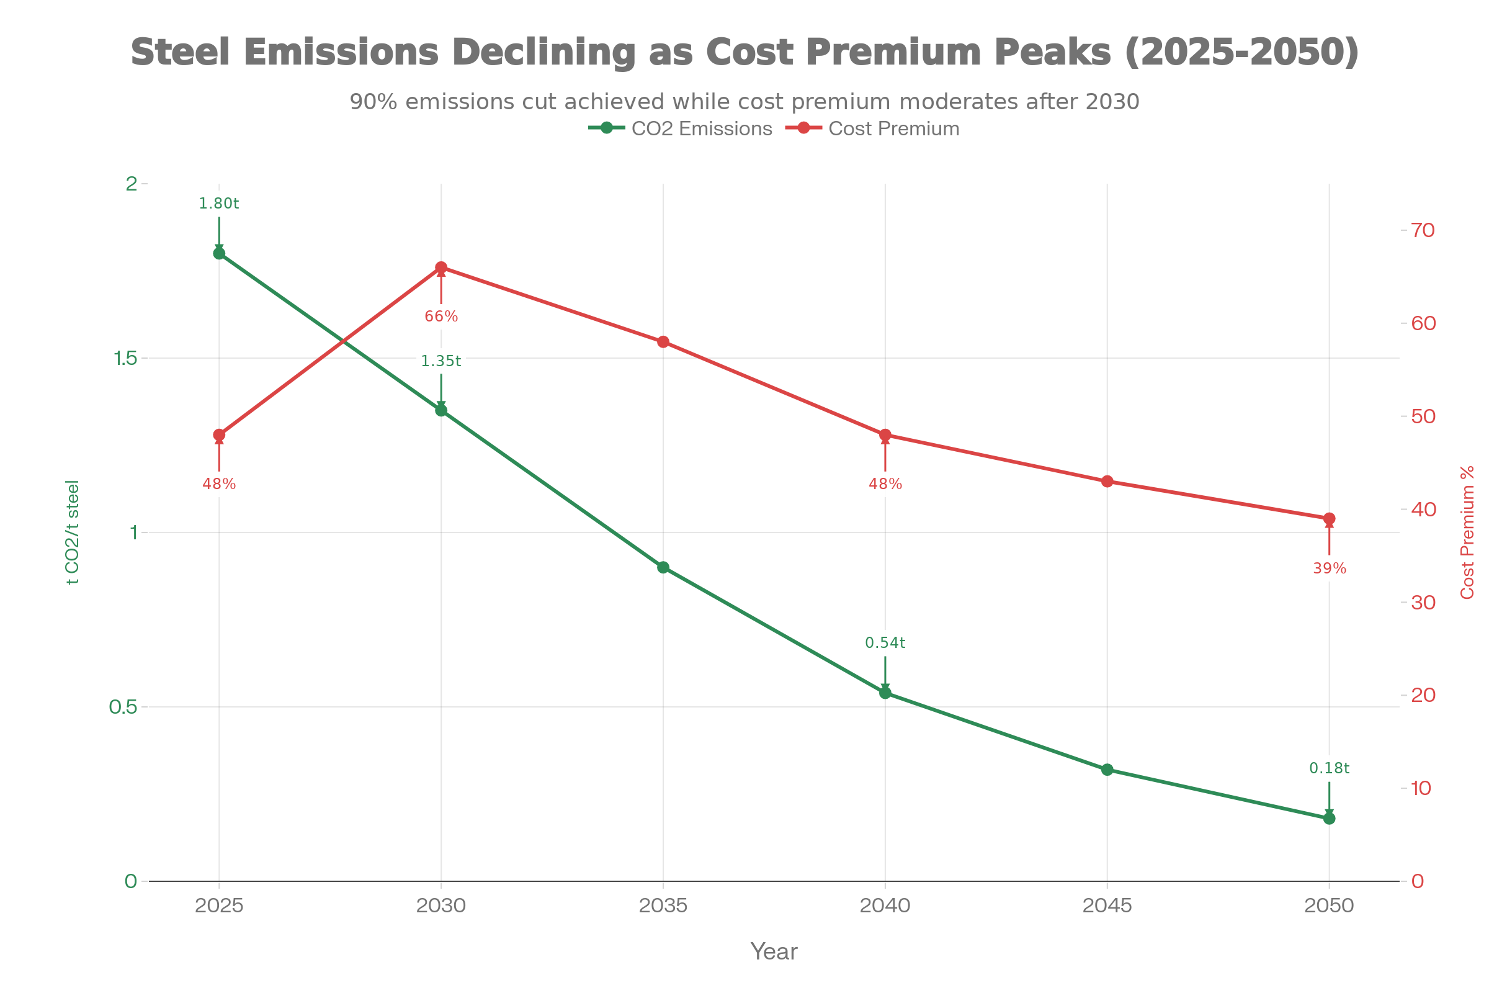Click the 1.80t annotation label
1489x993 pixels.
[218, 204]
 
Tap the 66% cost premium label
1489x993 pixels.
[441, 316]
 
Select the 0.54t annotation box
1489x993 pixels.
[885, 643]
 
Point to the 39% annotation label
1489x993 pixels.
[1330, 568]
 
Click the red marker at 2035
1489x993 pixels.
[663, 342]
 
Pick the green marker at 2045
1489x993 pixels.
[1107, 770]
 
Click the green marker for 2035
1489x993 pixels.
[663, 567]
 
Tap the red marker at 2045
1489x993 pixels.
[1107, 482]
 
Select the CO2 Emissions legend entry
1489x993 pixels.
[681, 128]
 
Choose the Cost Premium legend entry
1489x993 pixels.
[874, 128]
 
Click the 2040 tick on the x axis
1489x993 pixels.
[885, 905]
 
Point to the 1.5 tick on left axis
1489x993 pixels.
[125, 359]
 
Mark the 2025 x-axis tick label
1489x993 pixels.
[219, 905]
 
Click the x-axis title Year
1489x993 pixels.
[774, 952]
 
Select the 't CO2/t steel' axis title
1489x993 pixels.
[72, 532]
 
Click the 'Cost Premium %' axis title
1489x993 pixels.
[1467, 532]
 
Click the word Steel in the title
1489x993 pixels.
[180, 52]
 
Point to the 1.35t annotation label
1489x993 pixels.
[441, 361]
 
